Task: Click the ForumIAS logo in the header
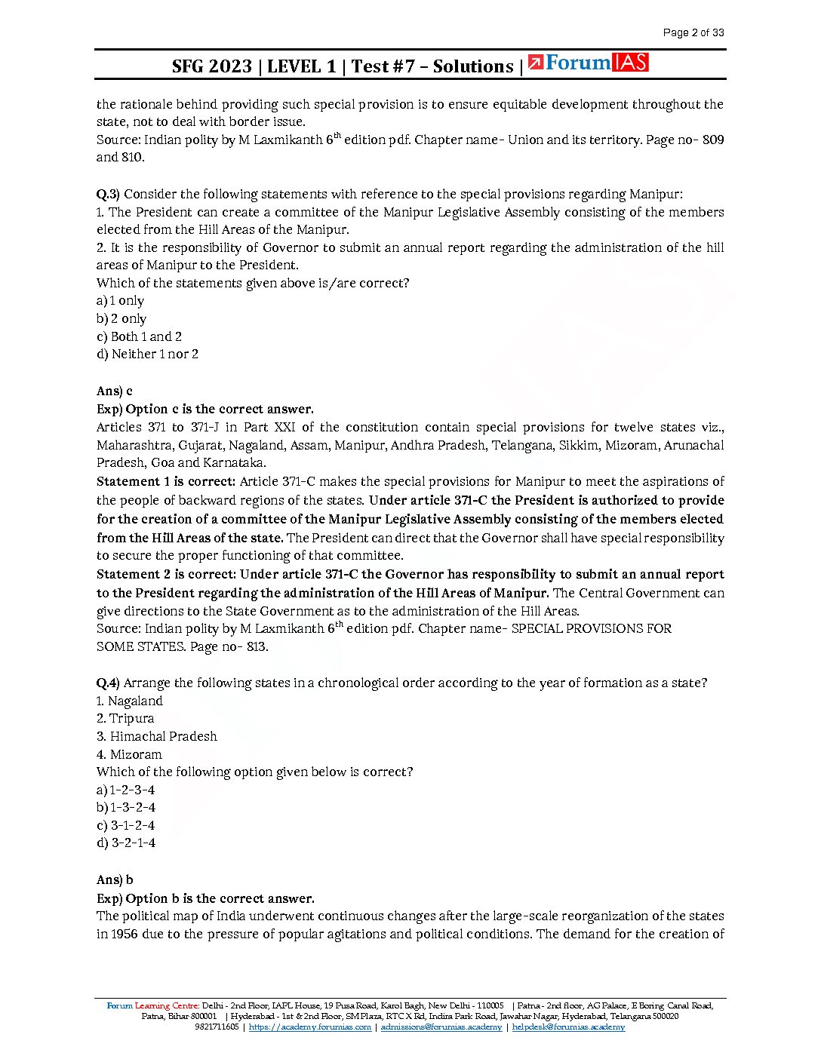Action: pyautogui.click(x=588, y=63)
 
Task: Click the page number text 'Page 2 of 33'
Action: pyautogui.click(x=693, y=32)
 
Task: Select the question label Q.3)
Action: pyautogui.click(x=108, y=194)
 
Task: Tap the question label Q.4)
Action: pyautogui.click(x=108, y=683)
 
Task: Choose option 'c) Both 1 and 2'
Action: pyautogui.click(x=139, y=336)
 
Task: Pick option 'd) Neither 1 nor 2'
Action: pyautogui.click(x=147, y=354)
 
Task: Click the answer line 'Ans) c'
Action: pyautogui.click(x=115, y=391)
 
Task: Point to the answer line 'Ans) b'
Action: pyautogui.click(x=115, y=879)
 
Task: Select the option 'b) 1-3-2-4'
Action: pyautogui.click(x=126, y=807)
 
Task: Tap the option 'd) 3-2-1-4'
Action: pyautogui.click(x=126, y=843)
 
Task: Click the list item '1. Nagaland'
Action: pyautogui.click(x=129, y=701)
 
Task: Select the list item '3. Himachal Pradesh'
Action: pyautogui.click(x=156, y=736)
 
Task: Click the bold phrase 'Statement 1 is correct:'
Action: pyautogui.click(x=166, y=481)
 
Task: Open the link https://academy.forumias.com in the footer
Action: pyautogui.click(x=309, y=1027)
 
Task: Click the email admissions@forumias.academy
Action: pyautogui.click(x=441, y=1027)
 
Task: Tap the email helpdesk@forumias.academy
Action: pyautogui.click(x=568, y=1027)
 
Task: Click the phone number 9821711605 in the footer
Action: pyautogui.click(x=217, y=1027)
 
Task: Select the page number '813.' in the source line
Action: pyautogui.click(x=257, y=646)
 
